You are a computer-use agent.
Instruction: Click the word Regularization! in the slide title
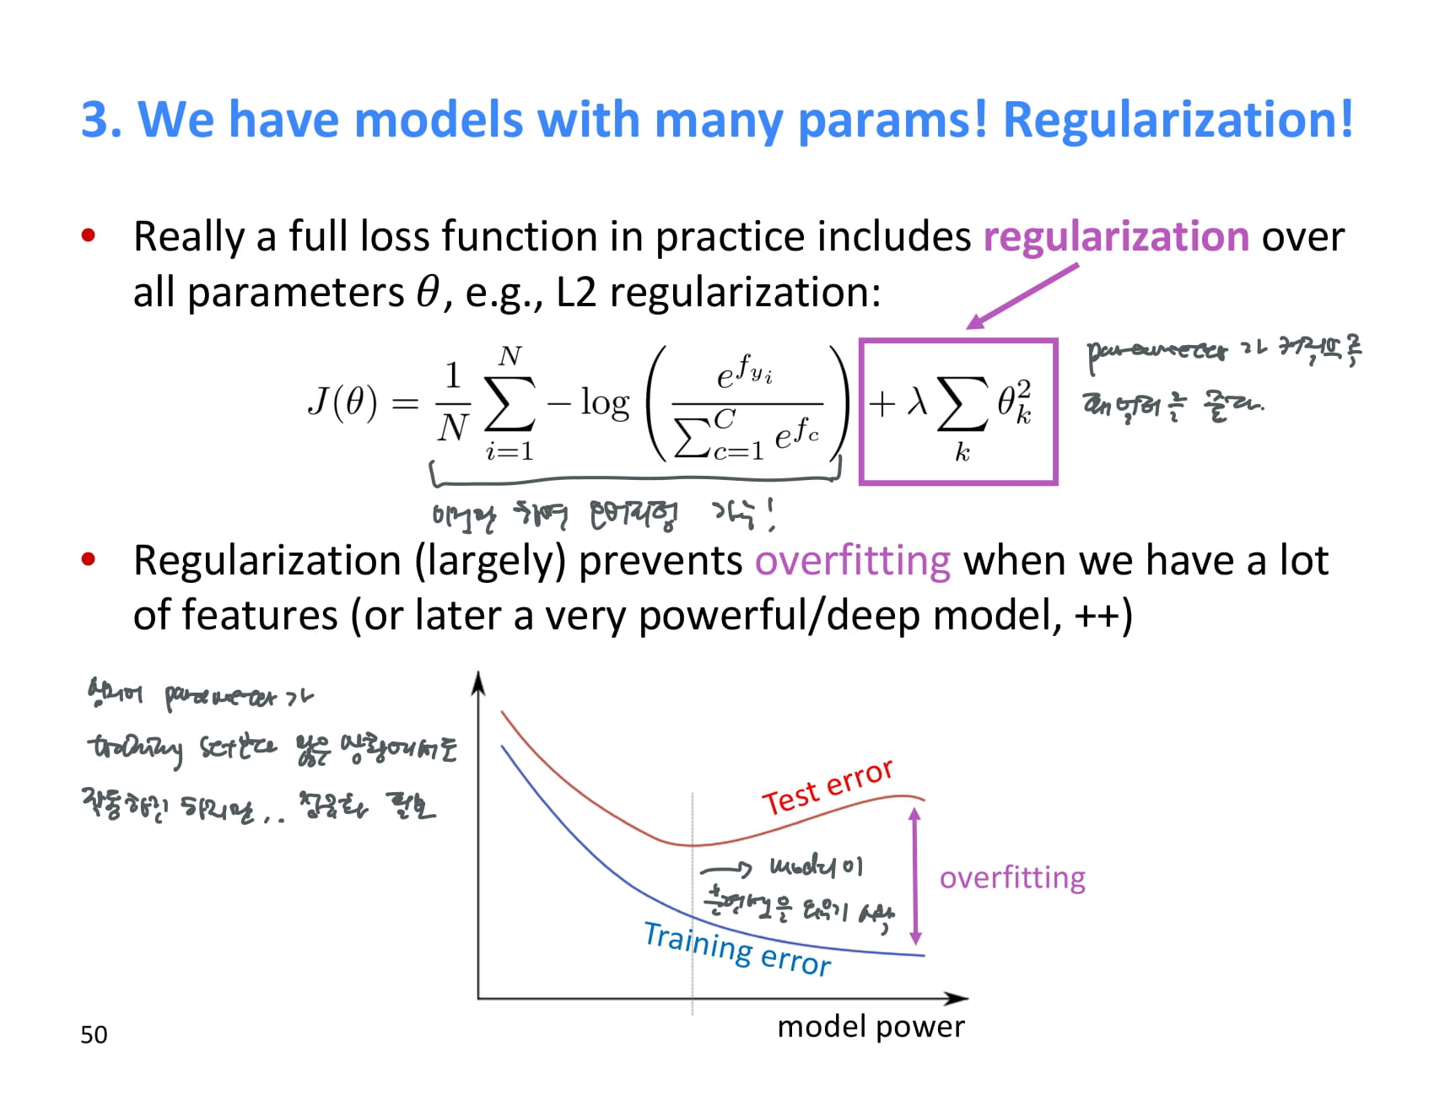(1178, 119)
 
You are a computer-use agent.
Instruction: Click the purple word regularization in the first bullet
(1115, 236)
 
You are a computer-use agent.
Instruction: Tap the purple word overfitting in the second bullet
(852, 561)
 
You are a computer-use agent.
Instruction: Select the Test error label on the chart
(827, 786)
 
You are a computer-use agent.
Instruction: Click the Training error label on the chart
(737, 950)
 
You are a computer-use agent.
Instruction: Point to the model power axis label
(871, 1027)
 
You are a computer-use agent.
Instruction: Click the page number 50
(94, 1034)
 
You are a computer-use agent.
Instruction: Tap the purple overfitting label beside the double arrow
(1012, 878)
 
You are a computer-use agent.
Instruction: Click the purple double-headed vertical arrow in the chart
(915, 877)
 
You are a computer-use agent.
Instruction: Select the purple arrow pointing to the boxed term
(1022, 296)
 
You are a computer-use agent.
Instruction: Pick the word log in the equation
(604, 403)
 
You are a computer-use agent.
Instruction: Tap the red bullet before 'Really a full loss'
(89, 236)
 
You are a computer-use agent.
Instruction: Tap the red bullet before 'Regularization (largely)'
(89, 559)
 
